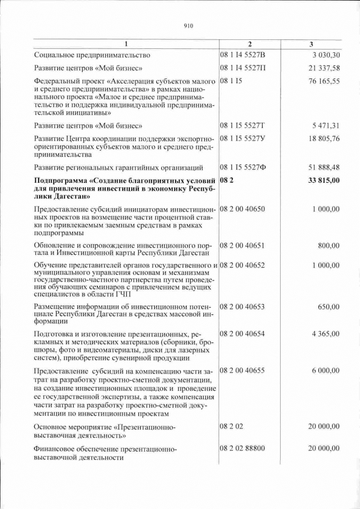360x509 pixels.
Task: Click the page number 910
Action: coord(188,26)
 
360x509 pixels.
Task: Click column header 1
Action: coord(126,44)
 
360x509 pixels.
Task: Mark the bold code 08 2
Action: coord(227,181)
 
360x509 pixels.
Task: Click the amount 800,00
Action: coord(328,245)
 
